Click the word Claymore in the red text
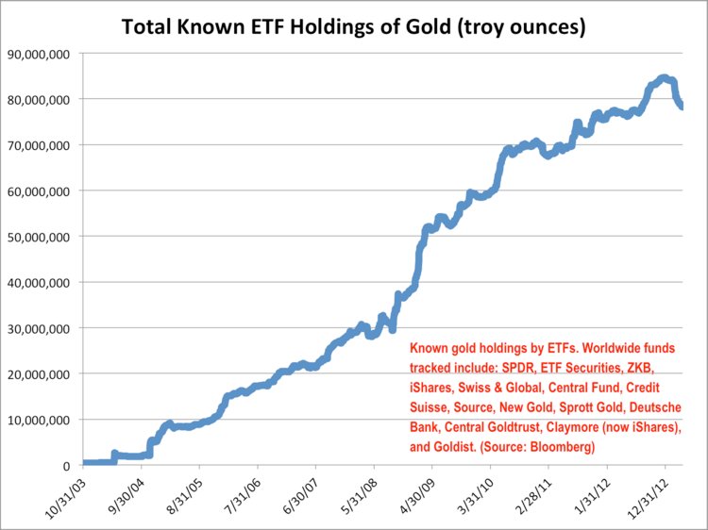[576, 430]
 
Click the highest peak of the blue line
[663, 78]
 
